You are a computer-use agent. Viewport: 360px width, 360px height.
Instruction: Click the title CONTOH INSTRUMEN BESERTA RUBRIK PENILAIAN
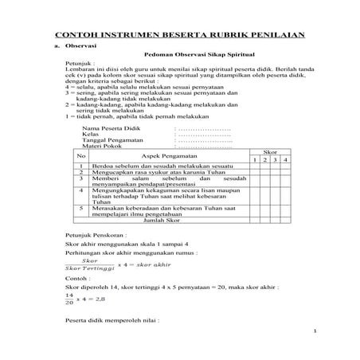179,36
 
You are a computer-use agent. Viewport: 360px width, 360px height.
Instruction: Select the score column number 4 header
283,160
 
